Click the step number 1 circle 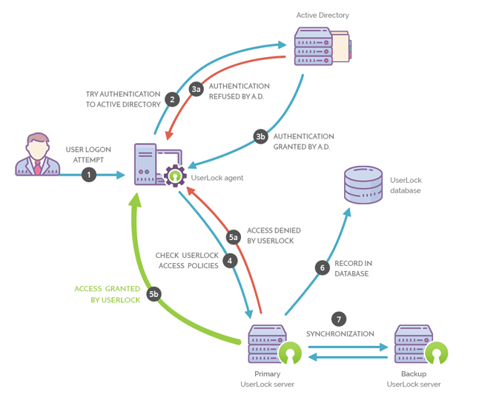pyautogui.click(x=89, y=175)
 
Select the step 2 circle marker pyautogui.click(x=172, y=99)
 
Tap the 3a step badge pyautogui.click(x=196, y=90)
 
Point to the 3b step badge pyautogui.click(x=260, y=136)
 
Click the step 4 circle pyautogui.click(x=231, y=260)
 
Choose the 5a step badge pyautogui.click(x=234, y=236)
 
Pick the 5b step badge pyautogui.click(x=153, y=294)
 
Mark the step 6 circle pyautogui.click(x=322, y=268)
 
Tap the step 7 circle pyautogui.click(x=340, y=319)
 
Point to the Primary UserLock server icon pyautogui.click(x=268, y=344)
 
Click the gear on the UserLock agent pyautogui.click(x=176, y=176)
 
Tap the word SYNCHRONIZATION pyautogui.click(x=340, y=334)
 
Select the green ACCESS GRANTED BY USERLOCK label pyautogui.click(x=108, y=294)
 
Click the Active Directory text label pyautogui.click(x=323, y=15)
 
